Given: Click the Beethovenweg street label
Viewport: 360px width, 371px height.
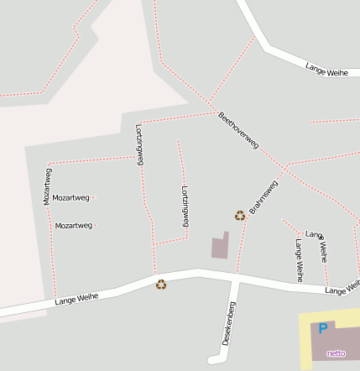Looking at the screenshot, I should (x=238, y=130).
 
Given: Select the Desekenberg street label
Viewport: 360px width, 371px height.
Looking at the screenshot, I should (x=228, y=324).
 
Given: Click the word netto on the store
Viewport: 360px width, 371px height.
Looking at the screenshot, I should (x=336, y=353).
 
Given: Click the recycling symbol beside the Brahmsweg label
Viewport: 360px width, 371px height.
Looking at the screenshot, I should (x=240, y=215).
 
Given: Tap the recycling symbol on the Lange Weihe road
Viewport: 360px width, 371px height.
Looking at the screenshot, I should (x=161, y=285).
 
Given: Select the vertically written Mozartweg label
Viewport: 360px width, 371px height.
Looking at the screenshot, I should (x=47, y=186).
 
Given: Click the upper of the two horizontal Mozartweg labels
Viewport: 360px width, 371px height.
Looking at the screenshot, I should (x=71, y=198).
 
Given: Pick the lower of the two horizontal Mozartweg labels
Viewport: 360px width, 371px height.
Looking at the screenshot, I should (x=74, y=226).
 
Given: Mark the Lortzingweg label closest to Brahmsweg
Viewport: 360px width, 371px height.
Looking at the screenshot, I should (x=185, y=206).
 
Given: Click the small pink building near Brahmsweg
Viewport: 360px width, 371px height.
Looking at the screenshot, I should (x=219, y=247).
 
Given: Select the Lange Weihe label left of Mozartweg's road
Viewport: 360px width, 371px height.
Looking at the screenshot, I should (x=76, y=298).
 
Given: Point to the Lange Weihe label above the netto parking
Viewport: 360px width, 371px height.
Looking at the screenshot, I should (x=342, y=288).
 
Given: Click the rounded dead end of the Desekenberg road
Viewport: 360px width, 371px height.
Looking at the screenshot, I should (x=212, y=361).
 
